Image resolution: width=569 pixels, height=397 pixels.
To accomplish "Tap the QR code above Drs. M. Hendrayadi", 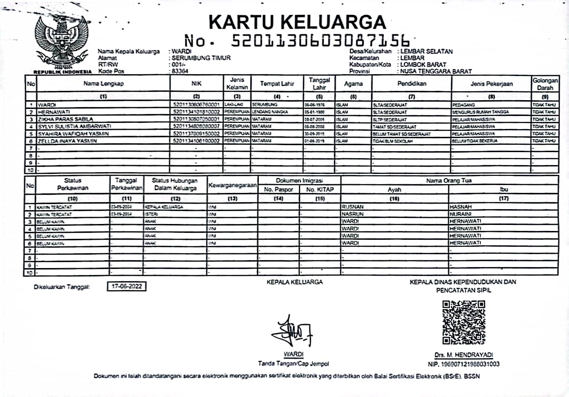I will (464, 321).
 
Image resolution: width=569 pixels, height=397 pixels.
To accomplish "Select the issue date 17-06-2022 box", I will (126, 287).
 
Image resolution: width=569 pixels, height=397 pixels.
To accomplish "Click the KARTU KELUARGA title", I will (297, 22).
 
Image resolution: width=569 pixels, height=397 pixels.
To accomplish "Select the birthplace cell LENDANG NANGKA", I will (270, 112).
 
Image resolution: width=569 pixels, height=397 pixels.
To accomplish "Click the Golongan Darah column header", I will (545, 84).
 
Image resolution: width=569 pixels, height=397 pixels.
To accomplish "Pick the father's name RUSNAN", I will (353, 207).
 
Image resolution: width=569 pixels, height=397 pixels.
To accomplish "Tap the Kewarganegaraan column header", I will (233, 185).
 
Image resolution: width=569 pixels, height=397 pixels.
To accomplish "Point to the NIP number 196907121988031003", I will (464, 364).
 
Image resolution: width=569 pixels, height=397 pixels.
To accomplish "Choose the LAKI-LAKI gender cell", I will (230, 105).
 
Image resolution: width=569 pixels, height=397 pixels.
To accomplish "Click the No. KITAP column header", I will (320, 189).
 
